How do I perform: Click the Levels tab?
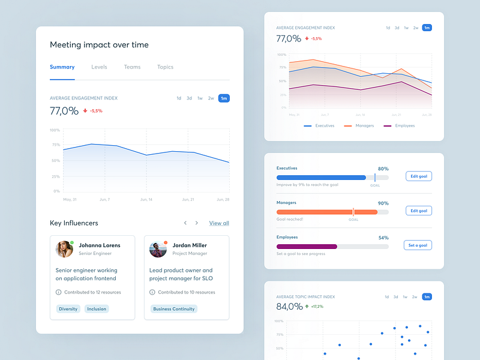pos(99,67)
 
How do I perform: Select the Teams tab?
pos(132,67)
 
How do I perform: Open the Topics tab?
pos(165,67)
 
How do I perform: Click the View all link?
pos(219,223)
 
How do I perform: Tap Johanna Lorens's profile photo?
pos(64,249)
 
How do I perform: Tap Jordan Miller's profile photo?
pos(158,249)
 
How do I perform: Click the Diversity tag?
pos(68,309)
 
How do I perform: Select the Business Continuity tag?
pos(173,309)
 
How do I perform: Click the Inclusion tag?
pos(96,309)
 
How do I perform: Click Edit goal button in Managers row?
pos(419,211)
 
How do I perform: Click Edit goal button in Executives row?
pos(419,176)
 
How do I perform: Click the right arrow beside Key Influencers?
pos(196,223)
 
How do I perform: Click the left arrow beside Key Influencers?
pos(185,223)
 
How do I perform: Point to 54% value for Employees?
pos(383,238)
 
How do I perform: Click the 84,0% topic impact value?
pos(290,307)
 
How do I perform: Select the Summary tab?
pos(62,67)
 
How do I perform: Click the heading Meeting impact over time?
pos(99,45)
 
